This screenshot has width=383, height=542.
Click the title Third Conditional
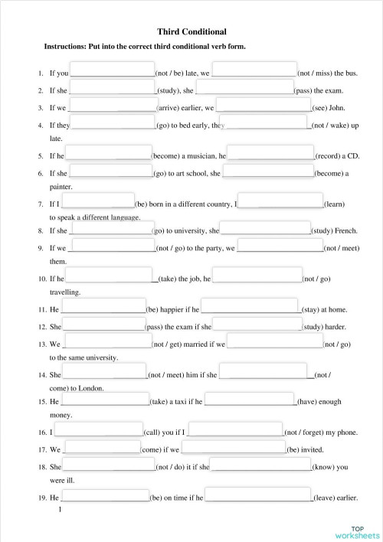(191, 32)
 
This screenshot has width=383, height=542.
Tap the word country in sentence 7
(217, 204)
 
